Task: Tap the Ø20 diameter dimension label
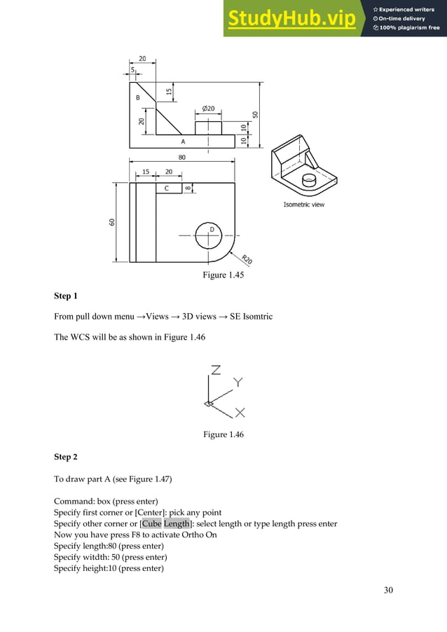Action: (208, 109)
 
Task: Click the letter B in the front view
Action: (138, 98)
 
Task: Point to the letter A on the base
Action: (184, 141)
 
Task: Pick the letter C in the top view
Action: (167, 188)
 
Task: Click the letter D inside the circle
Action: (212, 230)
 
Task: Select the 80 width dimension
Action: (182, 158)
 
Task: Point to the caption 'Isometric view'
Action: (303, 205)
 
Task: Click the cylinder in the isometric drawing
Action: (308, 180)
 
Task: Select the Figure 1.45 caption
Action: (224, 275)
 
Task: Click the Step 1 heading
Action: (65, 296)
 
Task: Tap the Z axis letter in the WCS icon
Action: (216, 370)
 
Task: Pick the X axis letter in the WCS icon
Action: (240, 412)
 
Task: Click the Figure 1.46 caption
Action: (224, 435)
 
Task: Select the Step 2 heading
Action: (65, 457)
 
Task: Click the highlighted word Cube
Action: (151, 524)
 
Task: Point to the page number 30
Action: (388, 590)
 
